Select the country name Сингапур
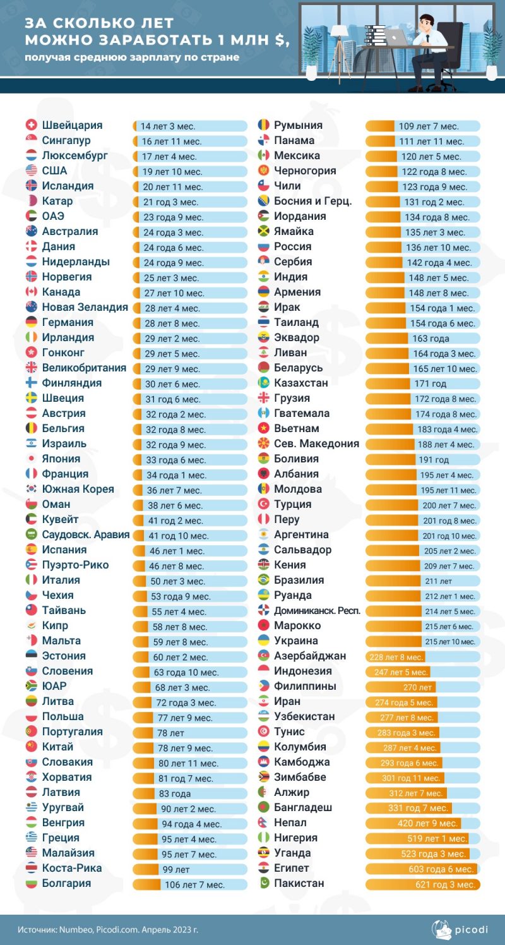coord(66,140)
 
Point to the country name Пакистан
coord(299,883)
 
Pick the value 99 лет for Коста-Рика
coord(176,869)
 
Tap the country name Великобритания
coord(84,368)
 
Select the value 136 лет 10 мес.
coord(438,248)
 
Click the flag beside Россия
coord(264,246)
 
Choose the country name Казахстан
coord(301,383)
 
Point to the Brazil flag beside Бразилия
coord(264,580)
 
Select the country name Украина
coord(295,641)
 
